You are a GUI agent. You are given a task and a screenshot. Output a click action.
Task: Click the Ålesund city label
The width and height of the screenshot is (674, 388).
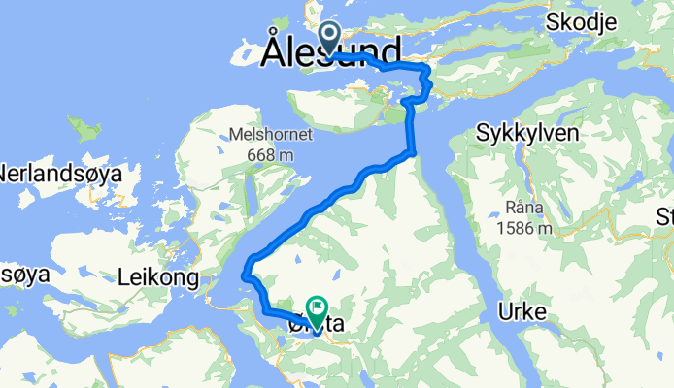[x=331, y=51]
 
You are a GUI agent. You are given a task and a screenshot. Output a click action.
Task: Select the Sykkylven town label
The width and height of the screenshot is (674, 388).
[x=527, y=134]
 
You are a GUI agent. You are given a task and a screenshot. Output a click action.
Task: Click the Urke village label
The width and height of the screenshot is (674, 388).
[x=522, y=311]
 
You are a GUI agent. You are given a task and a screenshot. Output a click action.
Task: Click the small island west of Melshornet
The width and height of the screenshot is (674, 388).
[x=89, y=130]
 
